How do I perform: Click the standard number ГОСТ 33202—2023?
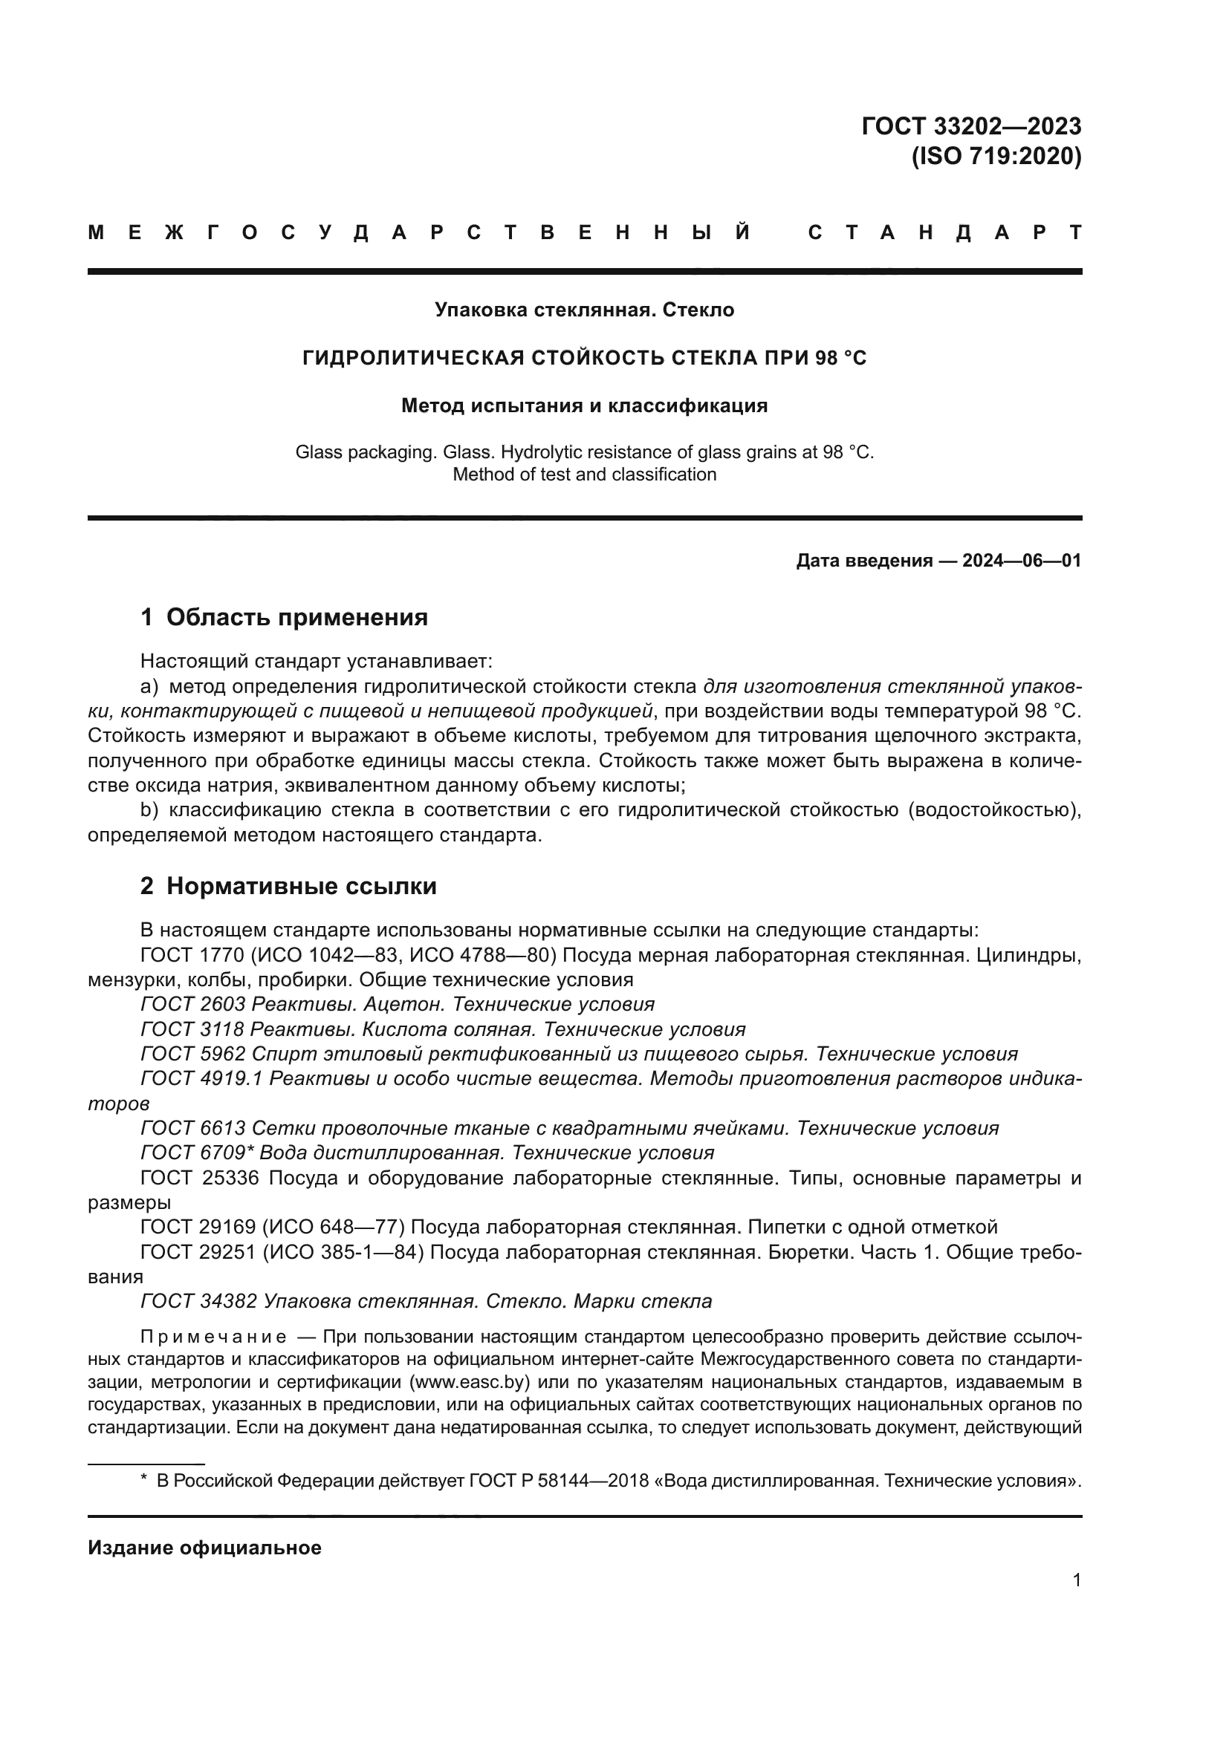971,126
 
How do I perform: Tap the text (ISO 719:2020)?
996,157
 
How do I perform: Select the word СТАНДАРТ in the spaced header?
944,232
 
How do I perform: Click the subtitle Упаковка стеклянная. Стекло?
584,310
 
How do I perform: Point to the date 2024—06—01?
1022,561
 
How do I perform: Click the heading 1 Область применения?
284,617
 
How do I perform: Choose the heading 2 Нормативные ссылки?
288,886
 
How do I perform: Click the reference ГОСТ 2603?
192,1005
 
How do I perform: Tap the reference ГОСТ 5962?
192,1055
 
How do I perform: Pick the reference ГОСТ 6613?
192,1129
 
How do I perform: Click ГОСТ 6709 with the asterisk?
197,1153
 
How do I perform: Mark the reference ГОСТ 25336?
199,1178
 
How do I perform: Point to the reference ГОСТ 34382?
198,1301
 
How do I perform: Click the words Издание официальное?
204,1548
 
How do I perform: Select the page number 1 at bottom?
1077,1580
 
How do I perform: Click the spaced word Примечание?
213,1337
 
